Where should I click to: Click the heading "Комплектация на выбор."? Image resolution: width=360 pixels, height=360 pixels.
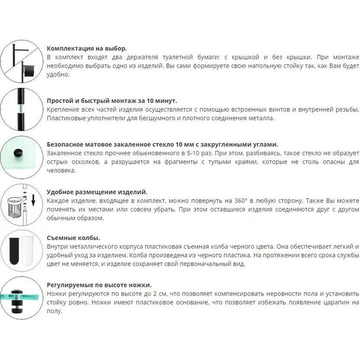[x=87, y=49]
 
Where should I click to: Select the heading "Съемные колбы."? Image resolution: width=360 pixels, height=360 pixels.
[x=73, y=238]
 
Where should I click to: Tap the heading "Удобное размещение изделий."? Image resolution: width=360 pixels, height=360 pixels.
[x=97, y=192]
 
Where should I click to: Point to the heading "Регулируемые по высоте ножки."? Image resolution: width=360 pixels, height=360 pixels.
[x=99, y=285]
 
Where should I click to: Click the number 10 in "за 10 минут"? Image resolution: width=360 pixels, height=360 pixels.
[x=150, y=101]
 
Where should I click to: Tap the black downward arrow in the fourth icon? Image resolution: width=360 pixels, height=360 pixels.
[x=33, y=200]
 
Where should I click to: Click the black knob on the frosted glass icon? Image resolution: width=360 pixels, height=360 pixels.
[x=18, y=153]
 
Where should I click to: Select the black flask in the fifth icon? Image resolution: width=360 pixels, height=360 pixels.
[x=15, y=251]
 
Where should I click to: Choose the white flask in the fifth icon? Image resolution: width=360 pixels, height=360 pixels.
[x=27, y=251]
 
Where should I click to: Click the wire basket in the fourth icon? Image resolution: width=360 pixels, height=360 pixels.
[x=14, y=207]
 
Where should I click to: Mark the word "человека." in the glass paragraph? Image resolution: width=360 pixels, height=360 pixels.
[x=61, y=171]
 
